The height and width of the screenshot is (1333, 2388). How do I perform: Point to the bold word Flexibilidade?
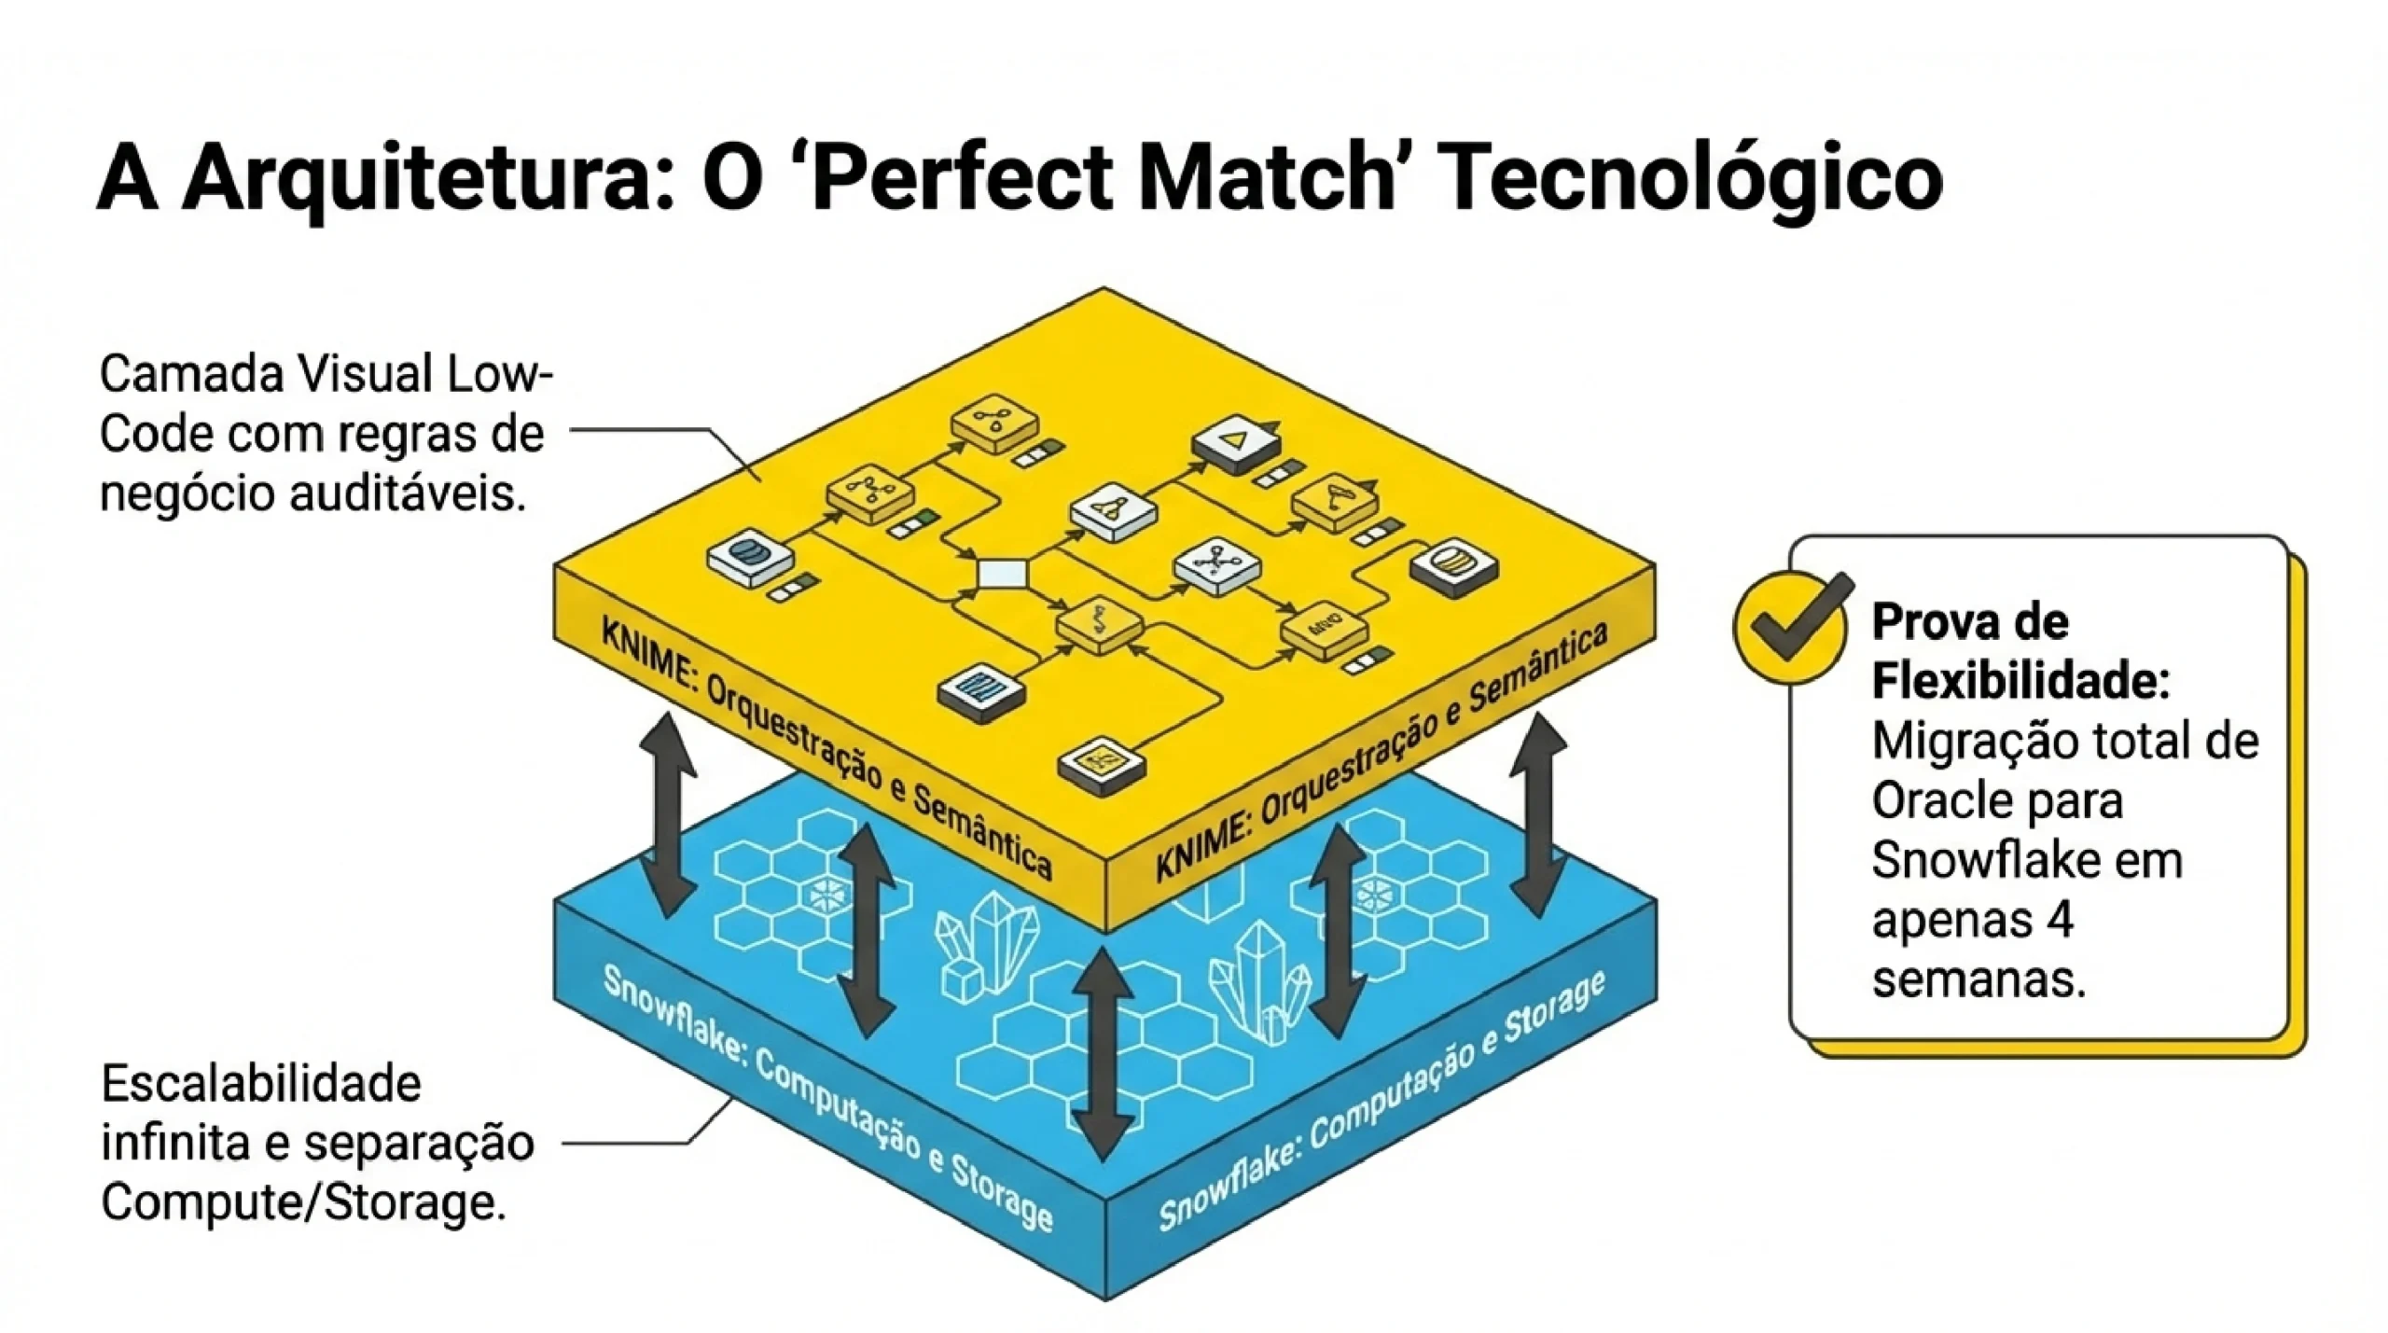2020,681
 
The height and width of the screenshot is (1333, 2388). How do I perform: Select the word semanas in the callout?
1978,980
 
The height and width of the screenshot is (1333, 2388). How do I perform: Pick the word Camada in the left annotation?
191,375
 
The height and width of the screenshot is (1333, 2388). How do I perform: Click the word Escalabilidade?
261,1085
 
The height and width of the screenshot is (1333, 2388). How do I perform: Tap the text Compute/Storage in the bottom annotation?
303,1203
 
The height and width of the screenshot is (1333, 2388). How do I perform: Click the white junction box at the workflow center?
1002,573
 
